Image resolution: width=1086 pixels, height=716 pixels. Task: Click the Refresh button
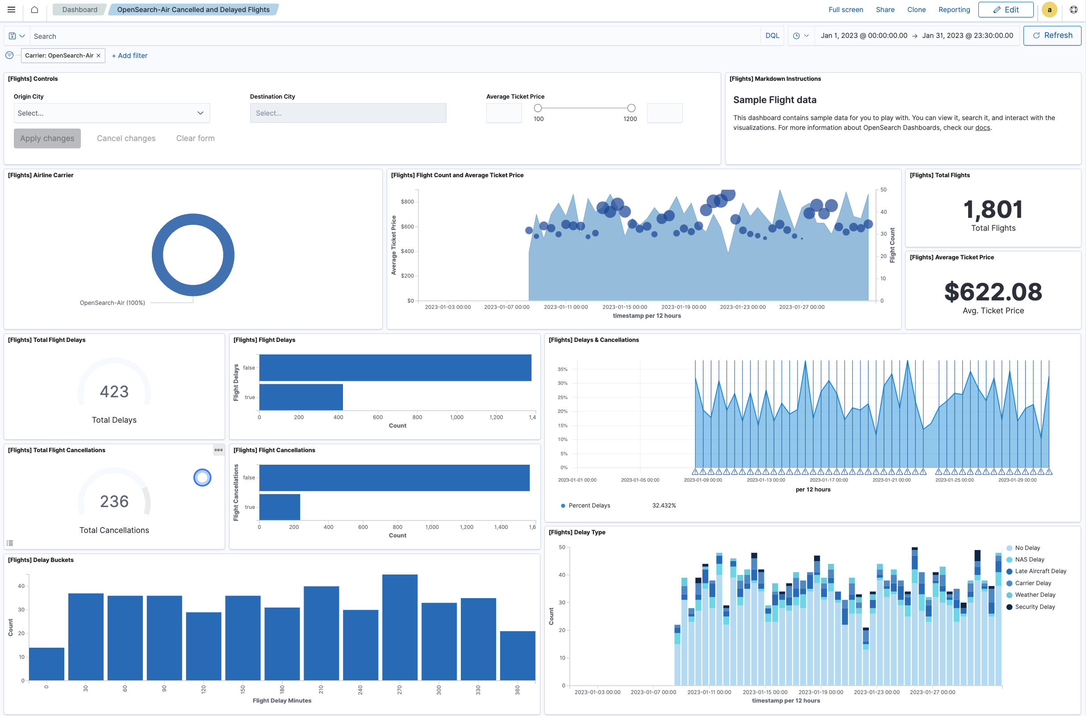coord(1052,36)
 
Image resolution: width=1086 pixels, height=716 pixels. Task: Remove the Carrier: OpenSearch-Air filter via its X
coord(98,56)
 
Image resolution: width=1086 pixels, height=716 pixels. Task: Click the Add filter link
coord(129,56)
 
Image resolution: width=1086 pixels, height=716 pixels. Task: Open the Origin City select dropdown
coord(112,113)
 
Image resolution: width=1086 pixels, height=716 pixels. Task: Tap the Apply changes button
coord(47,138)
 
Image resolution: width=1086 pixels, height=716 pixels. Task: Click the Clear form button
coord(195,138)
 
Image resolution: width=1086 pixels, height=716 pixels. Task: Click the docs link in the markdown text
coord(982,128)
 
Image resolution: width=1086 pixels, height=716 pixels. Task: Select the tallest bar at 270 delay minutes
coord(400,628)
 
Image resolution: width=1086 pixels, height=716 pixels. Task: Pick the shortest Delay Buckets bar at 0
coord(46,664)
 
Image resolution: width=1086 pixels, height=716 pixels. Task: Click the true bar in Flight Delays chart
coord(301,397)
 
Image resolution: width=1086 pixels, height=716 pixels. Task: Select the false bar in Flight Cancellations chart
coord(394,478)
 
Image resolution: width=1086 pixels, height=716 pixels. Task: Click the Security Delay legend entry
coord(1034,607)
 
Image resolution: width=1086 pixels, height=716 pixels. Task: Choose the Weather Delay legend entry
coord(1034,595)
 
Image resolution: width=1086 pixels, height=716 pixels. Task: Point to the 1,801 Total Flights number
coord(993,210)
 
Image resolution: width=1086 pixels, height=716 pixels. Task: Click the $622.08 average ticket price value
coord(993,292)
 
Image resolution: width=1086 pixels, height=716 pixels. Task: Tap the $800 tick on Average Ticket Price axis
coord(407,202)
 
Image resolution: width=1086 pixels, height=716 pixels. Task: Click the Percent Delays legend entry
coord(589,505)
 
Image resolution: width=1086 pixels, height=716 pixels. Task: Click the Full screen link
coord(845,9)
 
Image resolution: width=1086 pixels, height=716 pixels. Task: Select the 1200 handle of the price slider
coord(631,108)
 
